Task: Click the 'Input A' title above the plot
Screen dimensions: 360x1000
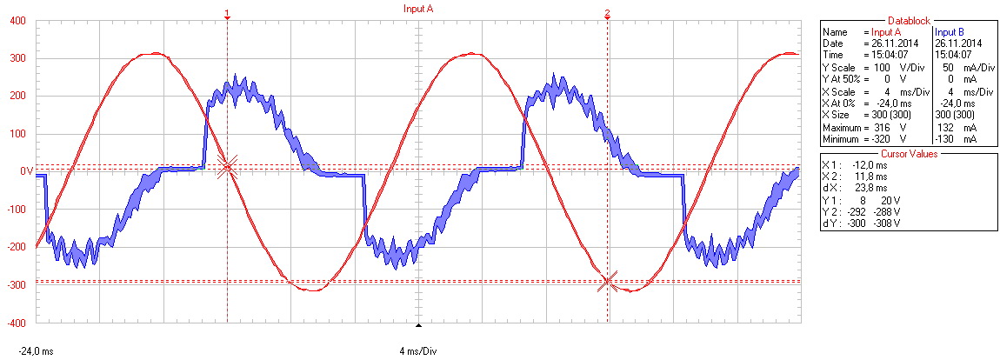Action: click(417, 8)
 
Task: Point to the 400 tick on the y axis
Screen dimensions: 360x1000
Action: click(18, 21)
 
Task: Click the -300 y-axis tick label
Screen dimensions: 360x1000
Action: click(16, 284)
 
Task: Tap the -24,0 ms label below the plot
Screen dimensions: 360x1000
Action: click(36, 351)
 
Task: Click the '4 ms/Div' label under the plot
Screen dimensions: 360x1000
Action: click(417, 351)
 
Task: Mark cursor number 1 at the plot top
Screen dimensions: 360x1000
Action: click(227, 14)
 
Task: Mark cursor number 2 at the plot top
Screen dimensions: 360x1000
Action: click(607, 14)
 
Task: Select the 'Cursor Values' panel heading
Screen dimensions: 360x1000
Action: click(909, 153)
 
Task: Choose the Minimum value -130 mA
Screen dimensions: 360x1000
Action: click(955, 139)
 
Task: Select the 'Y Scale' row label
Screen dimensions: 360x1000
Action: click(840, 68)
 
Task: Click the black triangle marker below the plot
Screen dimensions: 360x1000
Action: click(418, 326)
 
